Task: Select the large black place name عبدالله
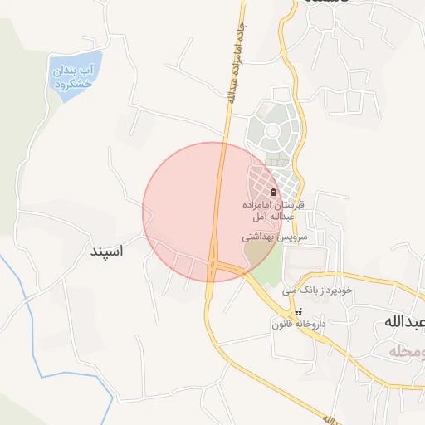click(x=404, y=321)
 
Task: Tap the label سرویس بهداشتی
click(x=275, y=237)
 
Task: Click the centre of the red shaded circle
click(x=213, y=212)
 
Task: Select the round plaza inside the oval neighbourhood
click(x=271, y=131)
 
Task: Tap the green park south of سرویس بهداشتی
click(x=267, y=265)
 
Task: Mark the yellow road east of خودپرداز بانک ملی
click(x=390, y=283)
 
